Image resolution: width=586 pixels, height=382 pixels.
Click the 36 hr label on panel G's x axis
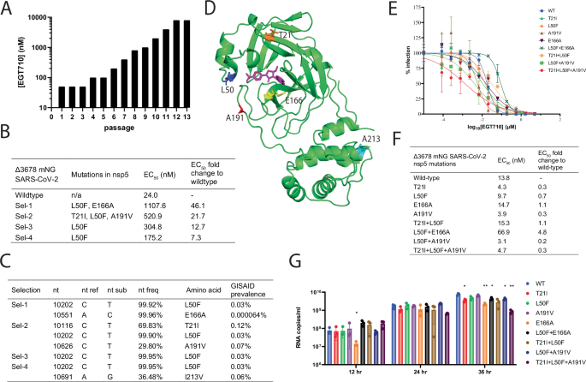[x=489, y=373]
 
